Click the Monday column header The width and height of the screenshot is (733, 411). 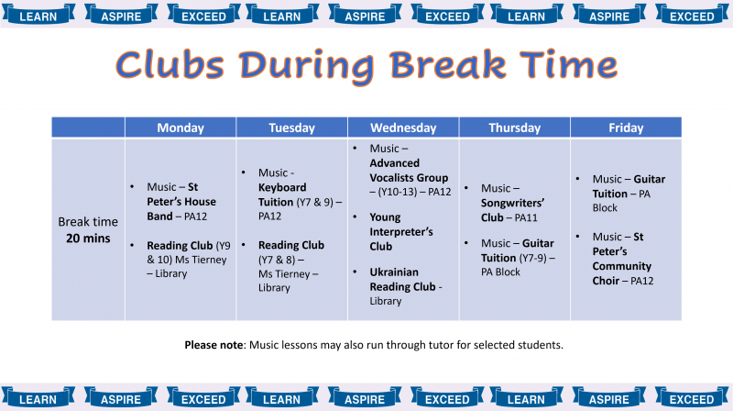click(x=181, y=128)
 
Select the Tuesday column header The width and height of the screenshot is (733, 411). click(x=291, y=128)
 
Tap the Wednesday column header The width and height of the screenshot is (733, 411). click(x=403, y=128)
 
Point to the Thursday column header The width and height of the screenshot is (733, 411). click(x=514, y=128)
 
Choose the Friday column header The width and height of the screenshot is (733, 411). click(x=626, y=128)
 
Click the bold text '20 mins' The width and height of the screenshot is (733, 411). click(x=88, y=239)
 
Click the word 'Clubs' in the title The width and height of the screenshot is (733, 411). click(x=170, y=65)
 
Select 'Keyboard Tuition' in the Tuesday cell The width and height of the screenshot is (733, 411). click(x=282, y=194)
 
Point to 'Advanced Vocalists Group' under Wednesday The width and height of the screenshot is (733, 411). click(x=409, y=171)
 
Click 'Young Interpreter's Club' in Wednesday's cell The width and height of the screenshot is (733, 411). click(x=401, y=232)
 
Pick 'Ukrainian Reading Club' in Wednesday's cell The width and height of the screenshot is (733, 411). click(x=402, y=280)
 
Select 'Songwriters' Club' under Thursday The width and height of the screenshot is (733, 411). click(x=512, y=210)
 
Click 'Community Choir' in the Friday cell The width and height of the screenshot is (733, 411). click(x=622, y=273)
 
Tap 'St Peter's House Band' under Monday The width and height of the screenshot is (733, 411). click(x=181, y=202)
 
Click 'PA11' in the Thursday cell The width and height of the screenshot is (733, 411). click(x=526, y=217)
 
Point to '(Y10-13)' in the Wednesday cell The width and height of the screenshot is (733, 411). click(x=400, y=192)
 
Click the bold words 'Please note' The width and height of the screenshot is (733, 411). click(x=213, y=345)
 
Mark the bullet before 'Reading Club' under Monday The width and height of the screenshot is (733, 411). click(x=132, y=245)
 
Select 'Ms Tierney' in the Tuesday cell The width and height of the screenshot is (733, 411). click(x=284, y=273)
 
